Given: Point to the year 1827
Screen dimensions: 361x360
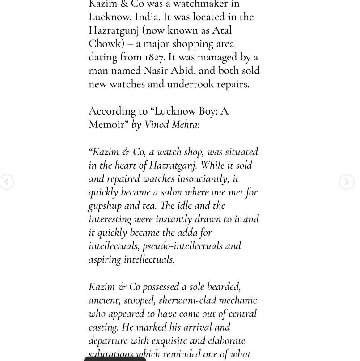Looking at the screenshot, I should [x=155, y=57].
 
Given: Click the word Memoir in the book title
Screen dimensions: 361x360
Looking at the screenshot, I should [x=106, y=124].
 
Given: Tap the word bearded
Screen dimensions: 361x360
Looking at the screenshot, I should [x=224, y=286].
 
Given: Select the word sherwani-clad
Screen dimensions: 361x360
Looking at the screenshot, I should [x=187, y=300].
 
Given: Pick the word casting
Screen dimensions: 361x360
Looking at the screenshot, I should [x=104, y=327].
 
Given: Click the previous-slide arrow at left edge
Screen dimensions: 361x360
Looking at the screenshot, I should [x=6, y=182].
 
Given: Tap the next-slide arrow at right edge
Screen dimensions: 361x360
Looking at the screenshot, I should [x=346, y=182].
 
